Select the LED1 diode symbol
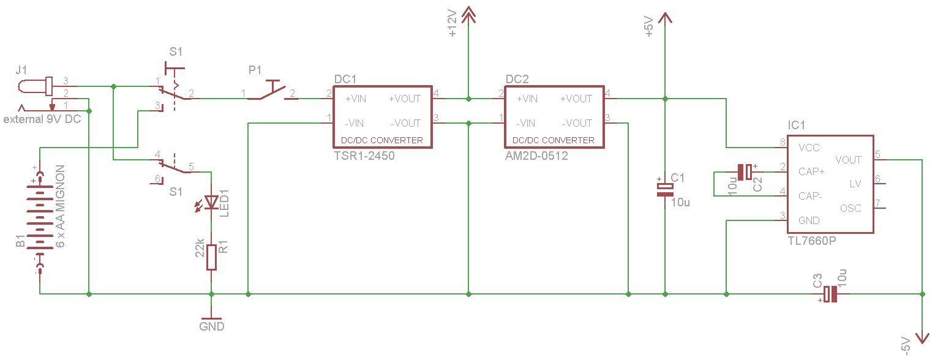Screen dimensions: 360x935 click(x=211, y=201)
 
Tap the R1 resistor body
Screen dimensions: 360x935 click(x=211, y=257)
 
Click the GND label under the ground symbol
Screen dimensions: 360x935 click(x=212, y=327)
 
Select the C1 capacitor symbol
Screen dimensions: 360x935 click(x=665, y=189)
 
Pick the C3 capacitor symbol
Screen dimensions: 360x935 click(x=830, y=294)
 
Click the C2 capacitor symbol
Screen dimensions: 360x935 click(x=745, y=172)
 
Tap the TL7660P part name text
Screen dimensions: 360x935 click(x=811, y=242)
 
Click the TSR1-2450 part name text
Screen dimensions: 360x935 click(x=364, y=156)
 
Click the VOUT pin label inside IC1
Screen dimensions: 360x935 click(x=848, y=160)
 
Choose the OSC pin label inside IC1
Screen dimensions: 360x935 click(x=851, y=208)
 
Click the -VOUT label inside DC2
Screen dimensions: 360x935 click(x=576, y=123)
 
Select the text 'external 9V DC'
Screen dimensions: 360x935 click(x=42, y=119)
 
